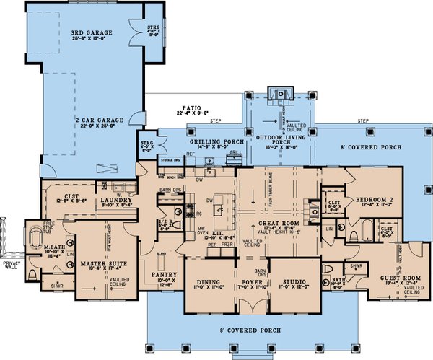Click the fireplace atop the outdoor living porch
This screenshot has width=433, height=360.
(278, 93)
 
